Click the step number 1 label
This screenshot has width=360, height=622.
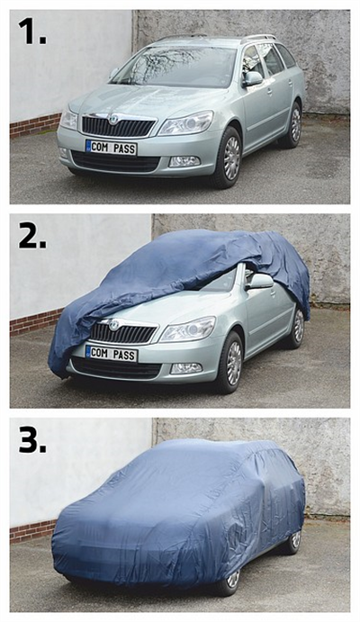pyautogui.click(x=32, y=31)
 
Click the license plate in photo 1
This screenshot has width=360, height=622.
pyautogui.click(x=111, y=148)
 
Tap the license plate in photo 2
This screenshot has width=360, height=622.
pyautogui.click(x=112, y=354)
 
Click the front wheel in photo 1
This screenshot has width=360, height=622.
pyautogui.click(x=227, y=158)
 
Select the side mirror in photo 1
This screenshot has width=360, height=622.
pyautogui.click(x=253, y=78)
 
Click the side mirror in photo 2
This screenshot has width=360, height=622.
pyautogui.click(x=260, y=282)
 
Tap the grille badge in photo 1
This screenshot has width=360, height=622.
pyautogui.click(x=113, y=119)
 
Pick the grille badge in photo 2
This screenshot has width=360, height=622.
pyautogui.click(x=113, y=325)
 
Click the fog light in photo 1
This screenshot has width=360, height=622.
pyautogui.click(x=184, y=161)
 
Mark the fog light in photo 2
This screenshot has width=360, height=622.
pyautogui.click(x=186, y=368)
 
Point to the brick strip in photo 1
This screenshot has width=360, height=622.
pyautogui.click(x=36, y=124)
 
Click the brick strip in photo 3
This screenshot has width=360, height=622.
pyautogui.click(x=32, y=531)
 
